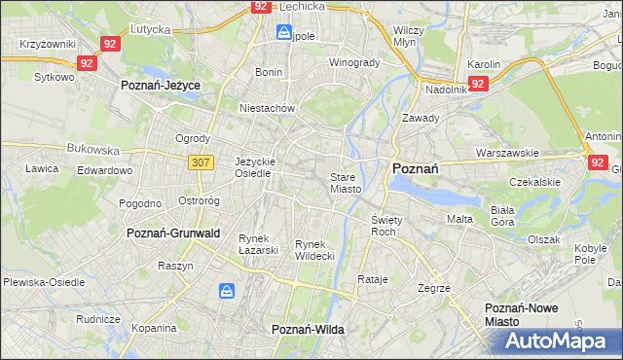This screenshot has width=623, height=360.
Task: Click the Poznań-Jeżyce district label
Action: pos(161,86)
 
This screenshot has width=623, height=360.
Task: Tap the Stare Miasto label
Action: pos(346,183)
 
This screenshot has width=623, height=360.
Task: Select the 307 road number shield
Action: pos(202,162)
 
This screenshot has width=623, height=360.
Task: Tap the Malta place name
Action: pos(459,219)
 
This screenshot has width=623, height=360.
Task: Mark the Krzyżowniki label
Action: pos(48,45)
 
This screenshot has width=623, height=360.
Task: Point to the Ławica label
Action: pos(43,167)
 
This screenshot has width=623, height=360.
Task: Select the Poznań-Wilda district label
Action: pos(308,330)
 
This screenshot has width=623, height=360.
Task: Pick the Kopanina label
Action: pos(153,329)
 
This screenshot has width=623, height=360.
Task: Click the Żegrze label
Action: pos(433,288)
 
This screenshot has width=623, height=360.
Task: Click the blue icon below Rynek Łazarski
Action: pos(227,290)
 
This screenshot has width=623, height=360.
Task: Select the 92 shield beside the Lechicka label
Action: pos(260,6)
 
